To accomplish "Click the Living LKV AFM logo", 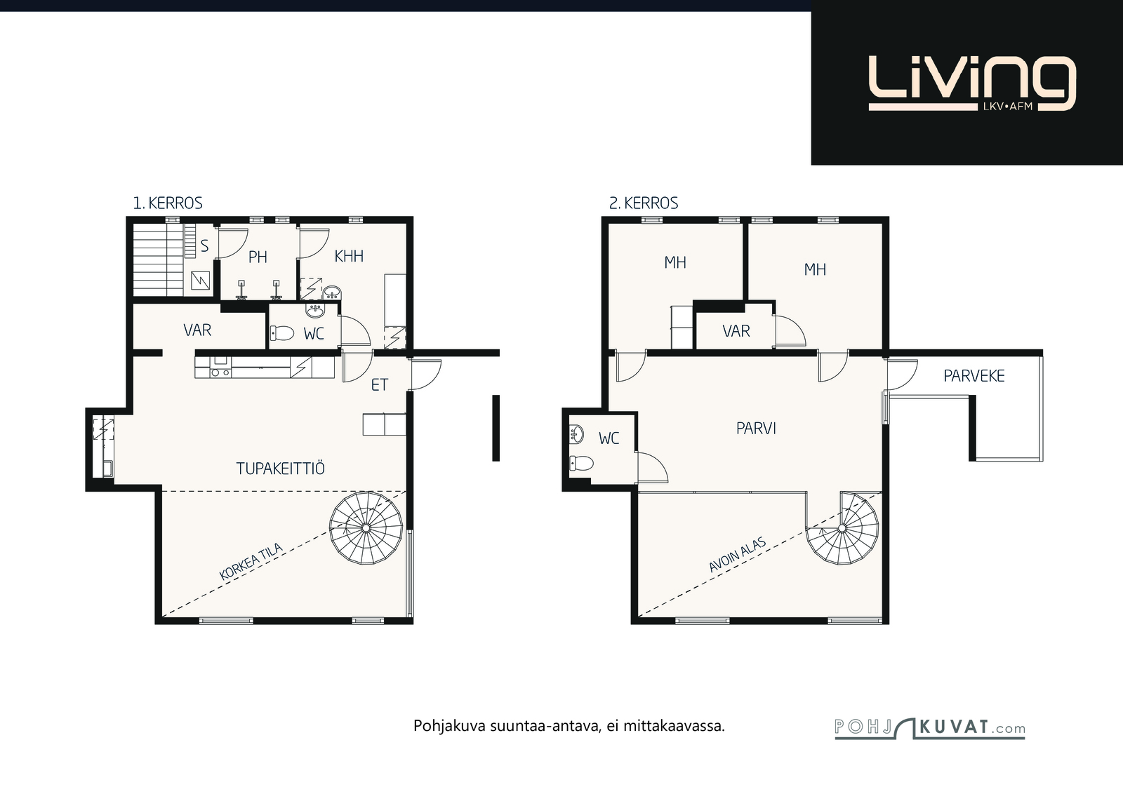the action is tap(971, 83).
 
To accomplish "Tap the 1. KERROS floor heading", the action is tap(168, 203).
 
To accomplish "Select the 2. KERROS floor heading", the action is tap(643, 203).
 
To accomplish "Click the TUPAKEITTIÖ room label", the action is tap(280, 468).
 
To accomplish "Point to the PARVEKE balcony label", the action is tap(974, 376).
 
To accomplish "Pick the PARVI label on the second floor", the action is tap(756, 429).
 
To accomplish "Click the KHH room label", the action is tap(349, 257).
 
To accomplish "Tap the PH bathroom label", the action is tap(258, 257).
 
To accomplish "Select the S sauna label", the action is tap(204, 246).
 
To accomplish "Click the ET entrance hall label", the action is tap(380, 385).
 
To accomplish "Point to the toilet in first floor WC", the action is tap(281, 333).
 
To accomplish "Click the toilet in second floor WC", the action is tap(582, 464).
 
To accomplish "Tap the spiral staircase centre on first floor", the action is tap(366, 528).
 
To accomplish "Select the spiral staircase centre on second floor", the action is tap(842, 528).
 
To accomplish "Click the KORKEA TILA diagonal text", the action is tap(251, 562).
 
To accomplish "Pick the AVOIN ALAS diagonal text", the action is tap(738, 555).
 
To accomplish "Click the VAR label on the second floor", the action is tap(736, 331).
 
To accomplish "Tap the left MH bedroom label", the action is tap(675, 262).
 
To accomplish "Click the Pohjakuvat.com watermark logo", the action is tap(929, 728).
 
